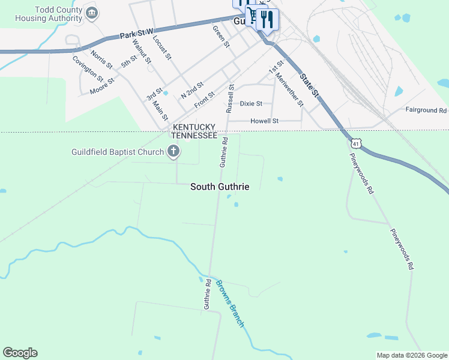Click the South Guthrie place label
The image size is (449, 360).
pyautogui.click(x=220, y=187)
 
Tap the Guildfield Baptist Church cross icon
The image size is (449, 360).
pyautogui.click(x=173, y=151)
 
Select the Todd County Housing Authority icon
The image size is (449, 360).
pyautogui.click(x=91, y=13)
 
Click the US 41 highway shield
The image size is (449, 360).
pyautogui.click(x=357, y=144)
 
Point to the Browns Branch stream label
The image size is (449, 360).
pyautogui.click(x=230, y=304)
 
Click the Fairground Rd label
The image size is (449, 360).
pyautogui.click(x=426, y=110)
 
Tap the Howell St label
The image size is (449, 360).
pyautogui.click(x=267, y=121)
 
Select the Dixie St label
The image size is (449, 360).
pyautogui.click(x=252, y=103)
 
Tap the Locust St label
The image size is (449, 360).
pyautogui.click(x=162, y=48)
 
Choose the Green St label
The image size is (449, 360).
pyautogui.click(x=221, y=36)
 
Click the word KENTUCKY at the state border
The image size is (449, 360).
pyautogui.click(x=194, y=127)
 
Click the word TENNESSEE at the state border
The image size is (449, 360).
pyautogui.click(x=194, y=136)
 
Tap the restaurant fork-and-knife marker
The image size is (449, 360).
pyautogui.click(x=267, y=19)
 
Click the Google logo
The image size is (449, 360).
pyautogui.click(x=20, y=353)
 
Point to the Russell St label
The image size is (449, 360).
pyautogui.click(x=230, y=98)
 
